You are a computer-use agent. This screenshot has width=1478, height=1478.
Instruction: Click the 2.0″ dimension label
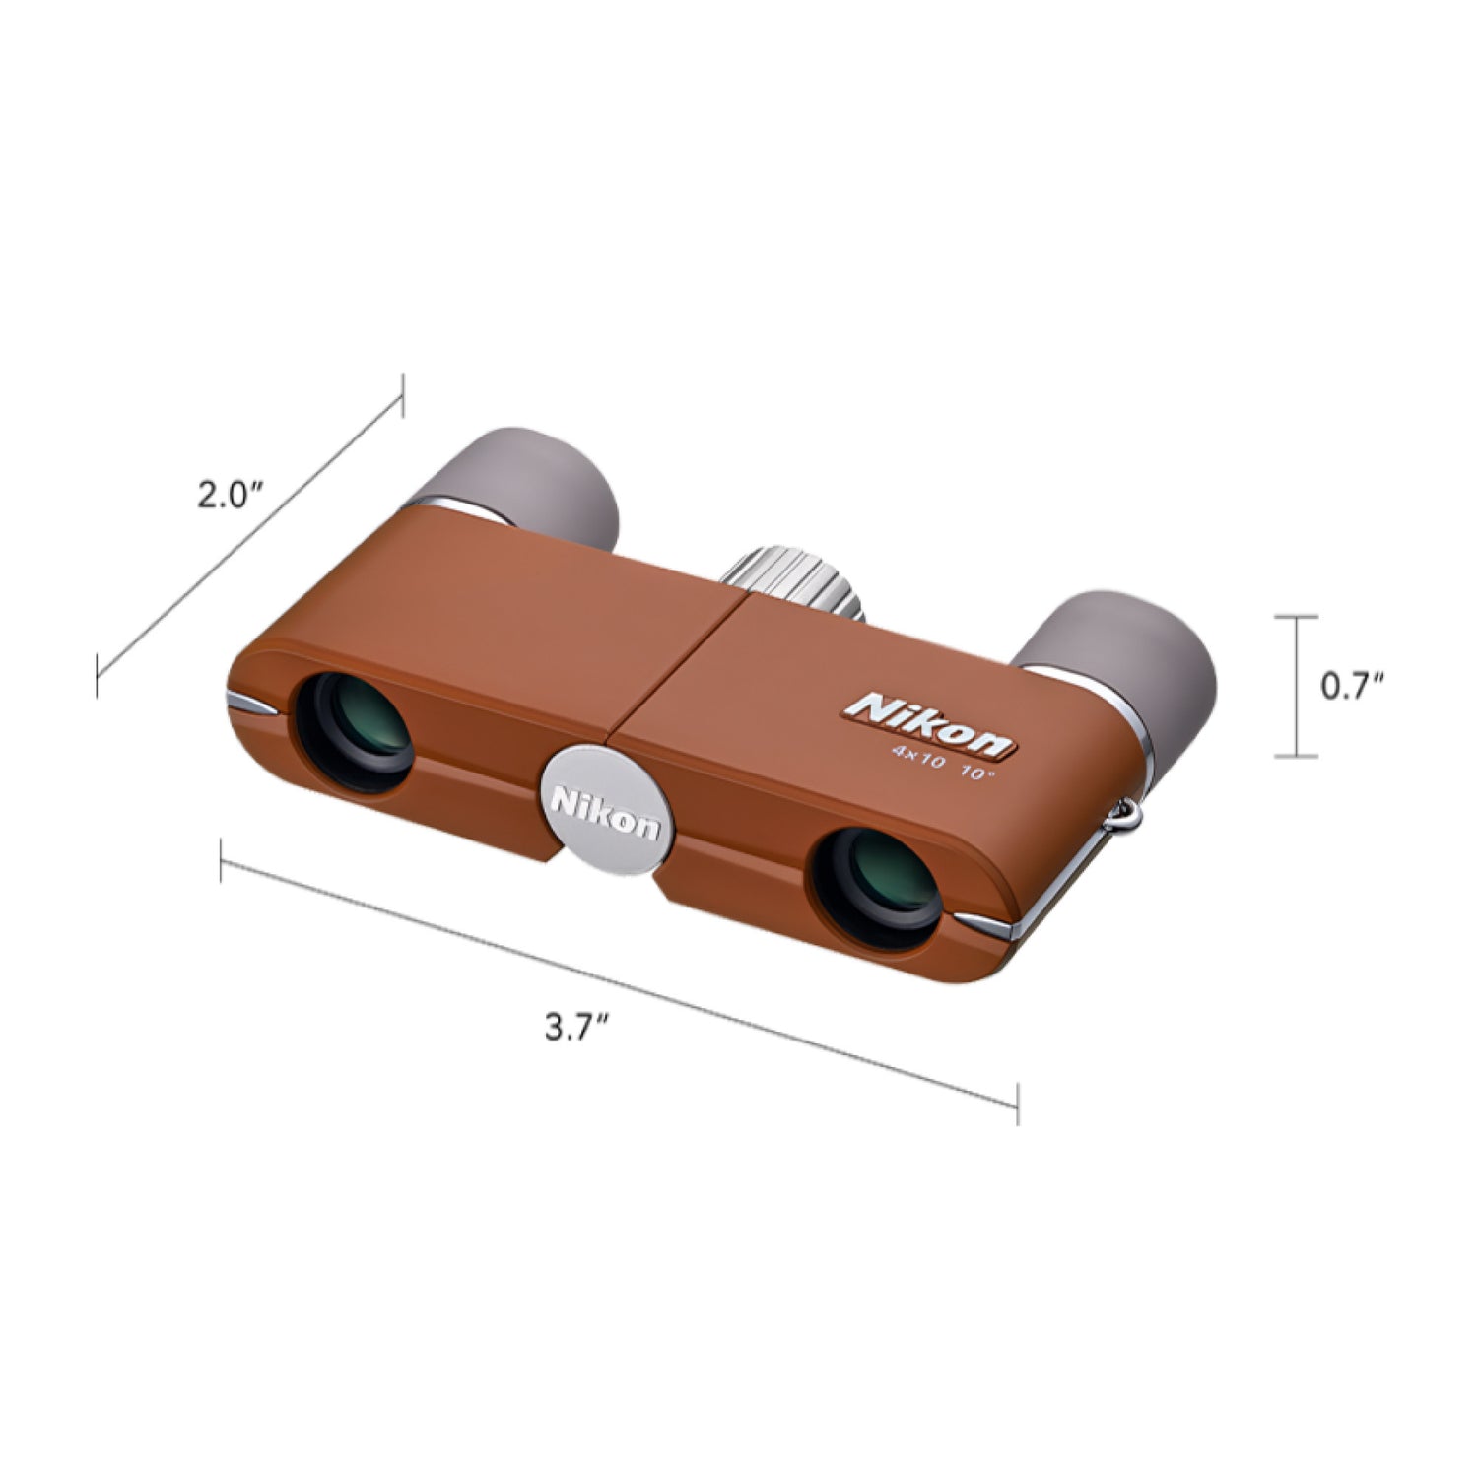tap(229, 496)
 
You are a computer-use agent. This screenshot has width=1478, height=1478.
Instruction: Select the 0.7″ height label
tap(1353, 687)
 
